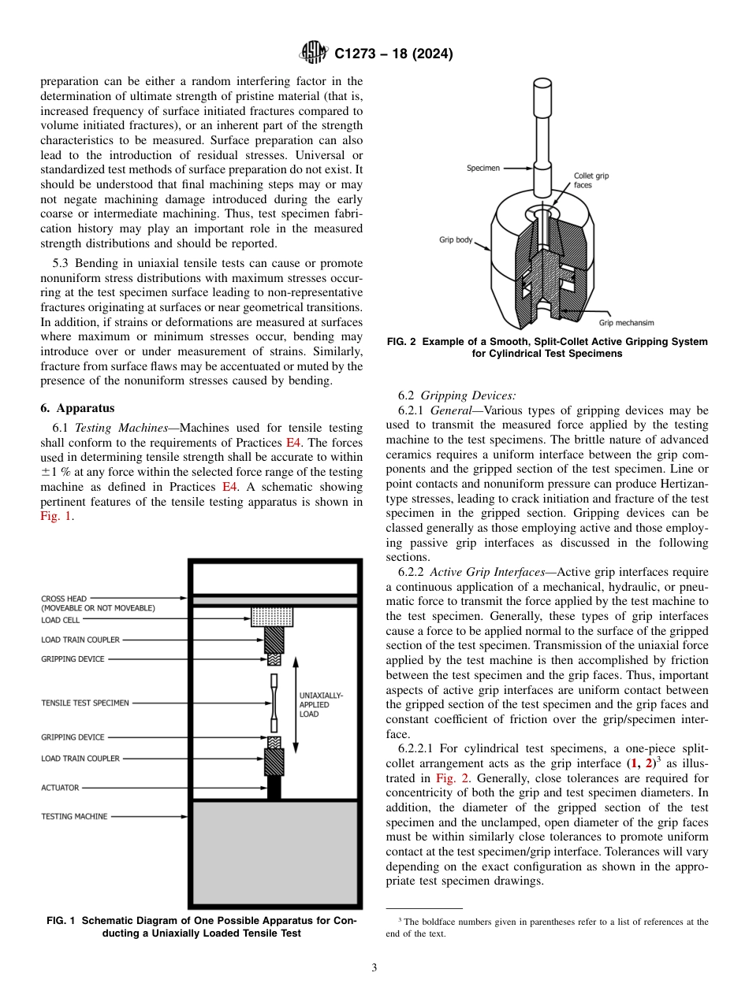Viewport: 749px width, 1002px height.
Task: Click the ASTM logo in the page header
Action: click(x=314, y=54)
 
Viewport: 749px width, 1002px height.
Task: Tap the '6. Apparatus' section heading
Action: click(x=77, y=408)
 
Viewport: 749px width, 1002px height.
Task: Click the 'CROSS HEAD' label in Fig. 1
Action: click(x=65, y=599)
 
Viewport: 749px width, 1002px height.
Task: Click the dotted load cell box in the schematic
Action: click(x=272, y=616)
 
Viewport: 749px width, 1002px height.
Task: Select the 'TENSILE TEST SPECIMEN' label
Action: click(x=85, y=703)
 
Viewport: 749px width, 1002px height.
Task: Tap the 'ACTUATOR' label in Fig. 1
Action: click(x=60, y=787)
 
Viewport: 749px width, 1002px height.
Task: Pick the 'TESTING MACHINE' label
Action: click(x=74, y=816)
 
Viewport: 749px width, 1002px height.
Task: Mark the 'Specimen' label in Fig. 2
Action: click(x=483, y=168)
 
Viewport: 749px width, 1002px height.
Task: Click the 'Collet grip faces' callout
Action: click(x=591, y=180)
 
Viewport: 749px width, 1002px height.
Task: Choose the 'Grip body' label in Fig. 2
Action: click(x=456, y=239)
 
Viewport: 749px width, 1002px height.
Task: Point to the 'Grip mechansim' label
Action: click(x=626, y=322)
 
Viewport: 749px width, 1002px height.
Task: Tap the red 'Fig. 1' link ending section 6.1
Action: click(x=55, y=516)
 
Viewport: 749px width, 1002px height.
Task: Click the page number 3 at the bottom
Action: click(x=374, y=967)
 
